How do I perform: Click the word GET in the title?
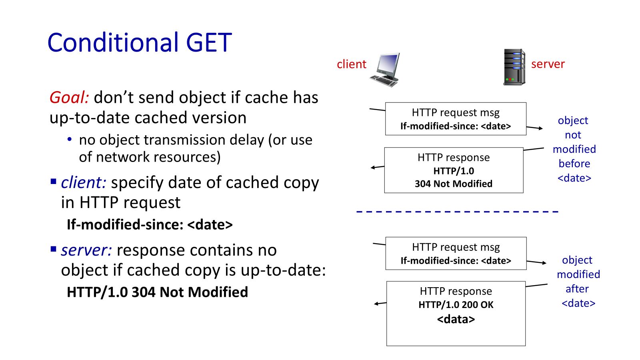click(209, 43)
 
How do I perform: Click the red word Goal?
click(69, 98)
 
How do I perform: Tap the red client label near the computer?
click(351, 64)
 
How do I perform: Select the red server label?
click(548, 64)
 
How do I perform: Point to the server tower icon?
click(514, 67)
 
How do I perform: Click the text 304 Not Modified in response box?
click(453, 184)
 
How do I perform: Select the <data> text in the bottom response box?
click(456, 319)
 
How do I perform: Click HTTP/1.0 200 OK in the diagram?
click(456, 305)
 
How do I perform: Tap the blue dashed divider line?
click(457, 211)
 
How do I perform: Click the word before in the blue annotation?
click(574, 164)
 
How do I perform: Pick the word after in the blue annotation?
click(577, 289)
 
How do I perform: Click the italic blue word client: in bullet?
click(83, 183)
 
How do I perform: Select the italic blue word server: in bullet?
click(86, 250)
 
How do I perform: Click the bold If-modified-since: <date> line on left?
click(149, 225)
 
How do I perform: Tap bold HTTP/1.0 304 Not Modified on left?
click(157, 292)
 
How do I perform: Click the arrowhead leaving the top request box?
click(540, 128)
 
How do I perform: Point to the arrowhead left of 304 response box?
click(373, 168)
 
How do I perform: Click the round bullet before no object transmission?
click(70, 140)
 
